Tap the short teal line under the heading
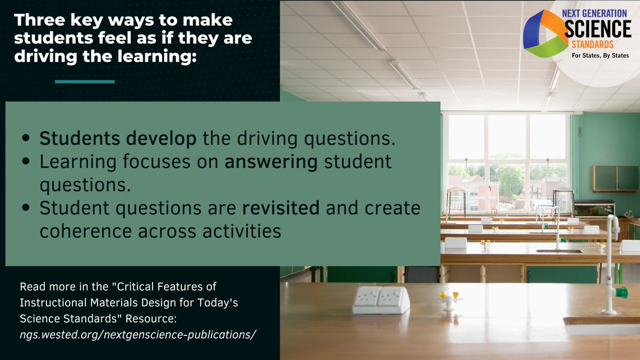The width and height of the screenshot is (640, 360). coord(85,82)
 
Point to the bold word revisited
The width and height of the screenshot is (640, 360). coord(281,209)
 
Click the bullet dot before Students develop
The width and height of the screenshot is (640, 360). coord(26,139)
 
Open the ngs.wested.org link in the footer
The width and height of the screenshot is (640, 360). coord(138,334)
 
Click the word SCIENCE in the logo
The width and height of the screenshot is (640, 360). coord(598,29)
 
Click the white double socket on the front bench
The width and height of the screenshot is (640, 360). coord(381,300)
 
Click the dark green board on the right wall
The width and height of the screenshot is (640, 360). coord(615,178)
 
